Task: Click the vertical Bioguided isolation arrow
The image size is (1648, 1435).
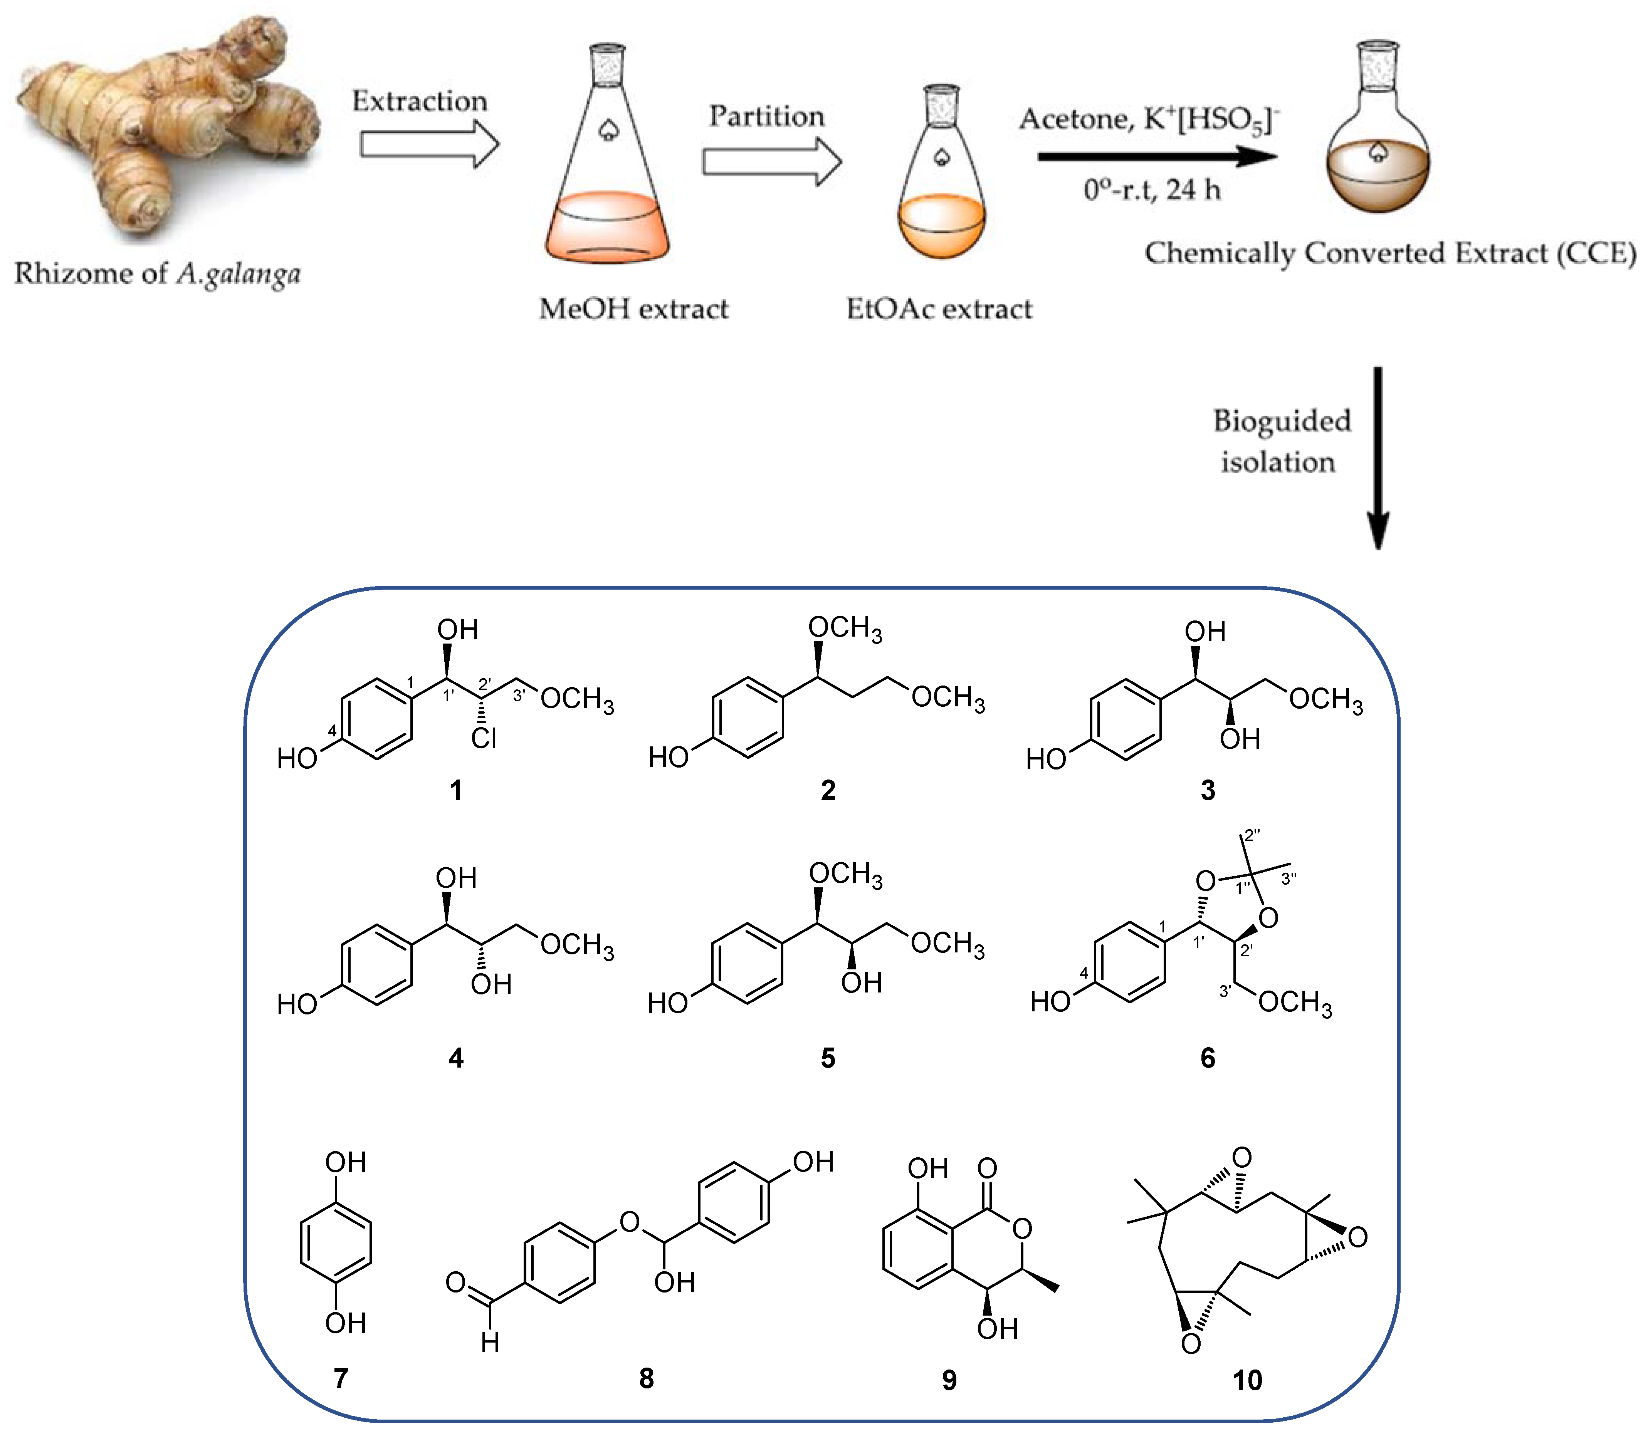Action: click(x=1378, y=456)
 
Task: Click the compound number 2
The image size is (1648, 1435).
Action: click(x=828, y=790)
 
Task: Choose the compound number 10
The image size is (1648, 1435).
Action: click(x=1247, y=1380)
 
